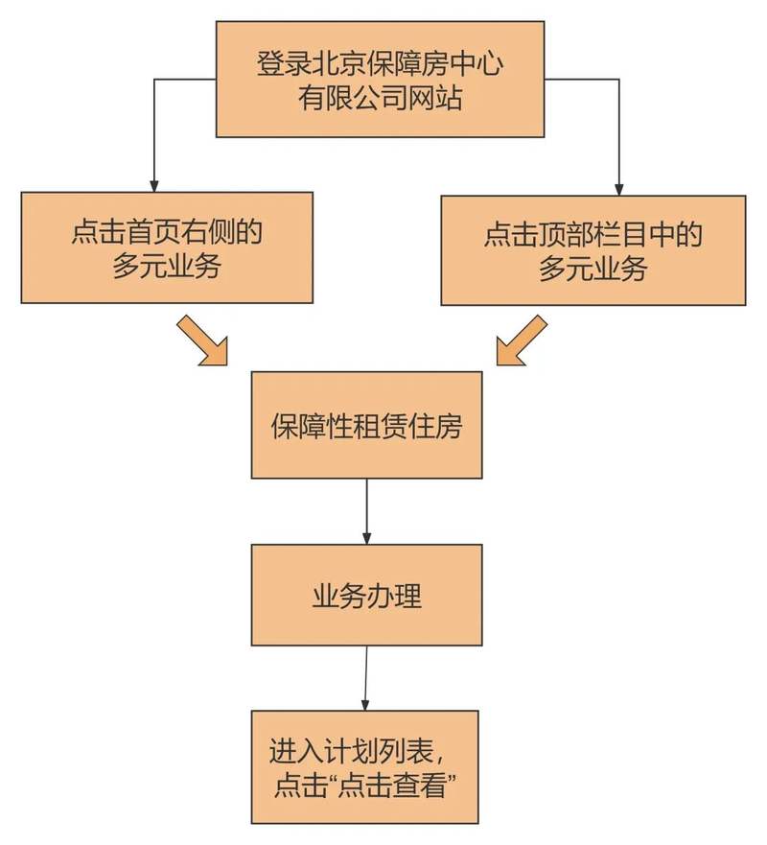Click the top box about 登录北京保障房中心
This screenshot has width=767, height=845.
click(x=380, y=80)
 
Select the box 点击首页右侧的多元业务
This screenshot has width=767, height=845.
click(x=167, y=247)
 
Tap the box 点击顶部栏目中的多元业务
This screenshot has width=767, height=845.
click(x=593, y=250)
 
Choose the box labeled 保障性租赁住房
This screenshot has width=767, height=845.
click(x=366, y=425)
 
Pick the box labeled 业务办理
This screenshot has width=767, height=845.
click(x=366, y=595)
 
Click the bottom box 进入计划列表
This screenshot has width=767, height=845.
click(x=364, y=767)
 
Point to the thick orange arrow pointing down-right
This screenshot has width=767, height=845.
click(x=203, y=340)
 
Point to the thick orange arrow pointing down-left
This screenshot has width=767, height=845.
click(x=522, y=340)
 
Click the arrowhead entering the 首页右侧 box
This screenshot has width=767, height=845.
click(x=154, y=186)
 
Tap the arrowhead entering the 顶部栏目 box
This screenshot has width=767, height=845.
click(x=619, y=189)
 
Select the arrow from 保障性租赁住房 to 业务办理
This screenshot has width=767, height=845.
click(x=367, y=511)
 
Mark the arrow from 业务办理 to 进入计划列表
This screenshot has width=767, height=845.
click(x=365, y=678)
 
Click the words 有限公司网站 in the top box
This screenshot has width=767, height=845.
click(x=381, y=98)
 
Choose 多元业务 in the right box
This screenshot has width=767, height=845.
click(x=593, y=268)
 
